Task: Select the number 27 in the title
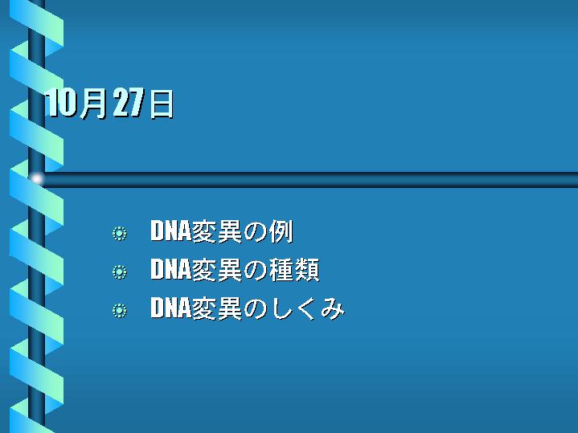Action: point(128,103)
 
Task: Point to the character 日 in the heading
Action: point(161,104)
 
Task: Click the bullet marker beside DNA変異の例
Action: point(120,234)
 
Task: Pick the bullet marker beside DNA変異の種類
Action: point(120,272)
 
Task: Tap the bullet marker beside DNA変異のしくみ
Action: point(120,310)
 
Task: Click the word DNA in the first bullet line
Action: point(170,231)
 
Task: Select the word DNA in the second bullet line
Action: point(170,269)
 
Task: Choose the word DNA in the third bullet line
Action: point(170,308)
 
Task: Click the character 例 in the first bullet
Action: point(281,232)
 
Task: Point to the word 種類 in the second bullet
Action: point(294,270)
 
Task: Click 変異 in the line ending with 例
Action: point(217,232)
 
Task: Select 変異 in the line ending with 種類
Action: point(217,270)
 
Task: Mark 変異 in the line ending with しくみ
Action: point(217,308)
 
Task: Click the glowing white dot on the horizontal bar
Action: point(36,179)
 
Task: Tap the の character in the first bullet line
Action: point(255,232)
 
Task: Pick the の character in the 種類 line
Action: point(255,271)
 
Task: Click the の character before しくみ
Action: point(255,309)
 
